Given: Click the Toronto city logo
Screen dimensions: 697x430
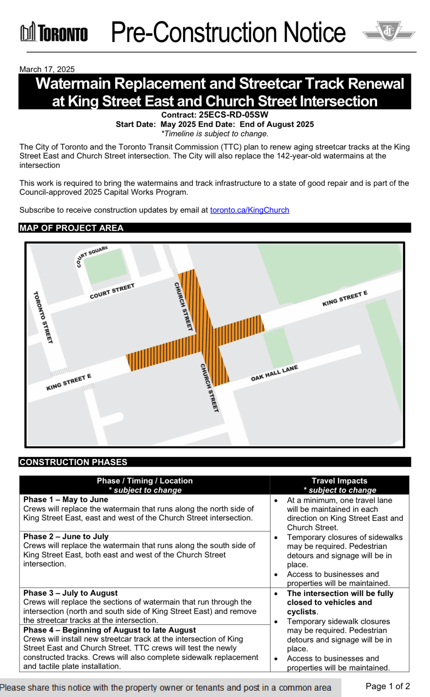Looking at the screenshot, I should tap(54, 32).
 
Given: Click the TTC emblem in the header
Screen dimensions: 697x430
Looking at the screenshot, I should tap(389, 31).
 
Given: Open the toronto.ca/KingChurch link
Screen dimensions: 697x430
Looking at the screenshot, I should tap(249, 210).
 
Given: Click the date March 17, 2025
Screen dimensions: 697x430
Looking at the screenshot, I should tap(47, 69).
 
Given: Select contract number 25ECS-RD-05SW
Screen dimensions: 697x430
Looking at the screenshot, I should tap(233, 115).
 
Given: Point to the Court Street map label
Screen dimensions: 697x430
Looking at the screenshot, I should tap(112, 291).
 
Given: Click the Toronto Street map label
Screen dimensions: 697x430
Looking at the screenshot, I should tap(43, 317).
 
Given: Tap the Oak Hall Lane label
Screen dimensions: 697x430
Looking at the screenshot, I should tap(274, 373).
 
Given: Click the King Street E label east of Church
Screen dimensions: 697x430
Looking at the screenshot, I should tap(345, 298).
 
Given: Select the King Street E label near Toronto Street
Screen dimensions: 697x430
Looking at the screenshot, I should tap(69, 382).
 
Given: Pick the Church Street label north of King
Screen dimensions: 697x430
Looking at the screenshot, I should tap(183, 307).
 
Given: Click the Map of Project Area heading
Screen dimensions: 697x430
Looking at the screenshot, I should tap(71, 228).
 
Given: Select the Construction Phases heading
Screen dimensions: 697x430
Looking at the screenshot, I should tap(73, 462).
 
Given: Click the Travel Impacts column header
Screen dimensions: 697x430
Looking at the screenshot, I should tap(339, 481).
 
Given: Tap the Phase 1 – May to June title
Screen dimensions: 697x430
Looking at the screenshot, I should tap(66, 499).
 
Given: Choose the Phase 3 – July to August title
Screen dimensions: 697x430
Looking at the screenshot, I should tap(70, 593).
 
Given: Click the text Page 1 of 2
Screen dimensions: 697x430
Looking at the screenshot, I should tap(387, 686).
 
